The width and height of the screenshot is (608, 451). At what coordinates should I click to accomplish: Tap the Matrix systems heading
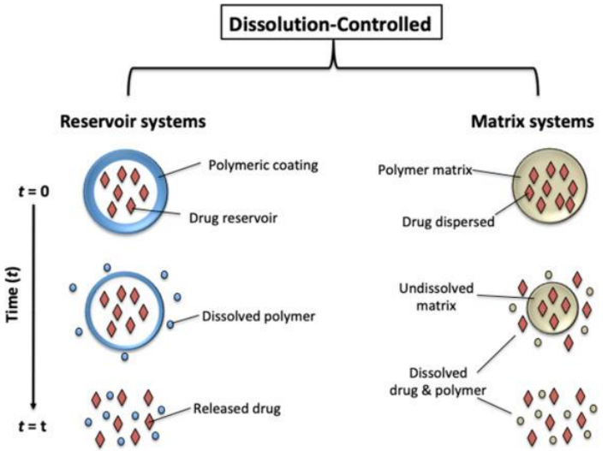(533, 122)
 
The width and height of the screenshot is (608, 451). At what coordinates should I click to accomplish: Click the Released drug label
(236, 408)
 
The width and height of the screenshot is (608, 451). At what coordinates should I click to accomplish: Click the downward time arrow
(33, 308)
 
